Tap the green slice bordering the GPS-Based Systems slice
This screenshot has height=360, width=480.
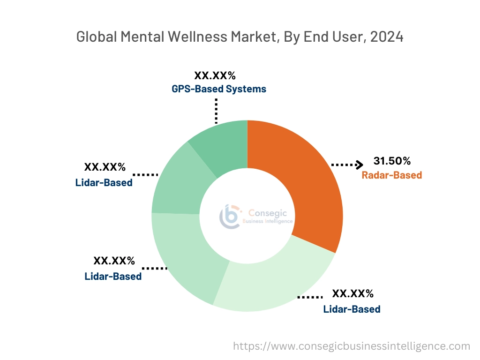tap(176, 183)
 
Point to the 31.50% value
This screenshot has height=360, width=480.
tap(392, 161)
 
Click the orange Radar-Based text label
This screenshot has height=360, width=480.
tap(392, 175)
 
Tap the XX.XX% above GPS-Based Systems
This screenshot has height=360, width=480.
tap(215, 75)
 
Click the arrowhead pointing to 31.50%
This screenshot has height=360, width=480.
tap(359, 165)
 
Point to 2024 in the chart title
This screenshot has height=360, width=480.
tap(387, 37)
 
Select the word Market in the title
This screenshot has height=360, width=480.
tap(254, 37)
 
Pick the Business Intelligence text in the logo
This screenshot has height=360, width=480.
tap(268, 221)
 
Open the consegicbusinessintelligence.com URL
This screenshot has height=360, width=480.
tap(352, 346)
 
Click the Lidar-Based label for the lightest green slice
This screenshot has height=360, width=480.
tap(352, 309)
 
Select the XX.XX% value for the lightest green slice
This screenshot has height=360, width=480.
tap(352, 294)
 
